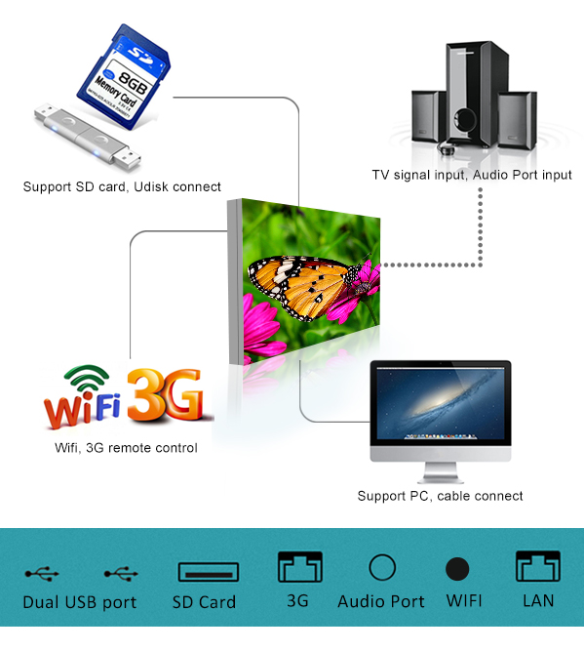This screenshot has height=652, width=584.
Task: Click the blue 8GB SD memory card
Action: (x=124, y=73)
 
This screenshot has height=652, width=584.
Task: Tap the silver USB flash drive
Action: (x=87, y=138)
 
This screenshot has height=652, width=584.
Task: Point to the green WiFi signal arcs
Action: (x=86, y=377)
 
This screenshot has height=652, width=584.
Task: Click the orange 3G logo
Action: (x=166, y=393)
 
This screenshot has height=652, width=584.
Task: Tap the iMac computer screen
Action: (x=441, y=402)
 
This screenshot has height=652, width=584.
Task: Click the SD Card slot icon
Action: (x=208, y=572)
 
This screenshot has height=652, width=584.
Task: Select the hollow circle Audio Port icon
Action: (x=382, y=567)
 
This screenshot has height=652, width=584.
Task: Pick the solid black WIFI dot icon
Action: (x=457, y=568)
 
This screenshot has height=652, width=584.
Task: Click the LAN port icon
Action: (x=538, y=566)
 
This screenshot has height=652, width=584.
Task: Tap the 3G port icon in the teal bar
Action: (x=300, y=566)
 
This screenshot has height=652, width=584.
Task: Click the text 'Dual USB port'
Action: (x=80, y=602)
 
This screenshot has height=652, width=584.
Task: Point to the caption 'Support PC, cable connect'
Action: (x=440, y=496)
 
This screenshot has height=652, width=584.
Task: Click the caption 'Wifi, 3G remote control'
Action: (x=126, y=448)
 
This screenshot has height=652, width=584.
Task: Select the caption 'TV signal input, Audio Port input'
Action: (x=472, y=175)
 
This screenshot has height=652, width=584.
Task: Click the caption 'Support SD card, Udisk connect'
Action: (x=122, y=186)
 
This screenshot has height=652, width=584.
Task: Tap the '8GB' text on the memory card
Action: (x=133, y=83)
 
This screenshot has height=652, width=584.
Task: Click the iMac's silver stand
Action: (x=441, y=472)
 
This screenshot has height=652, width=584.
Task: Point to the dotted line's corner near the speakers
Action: (x=480, y=265)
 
